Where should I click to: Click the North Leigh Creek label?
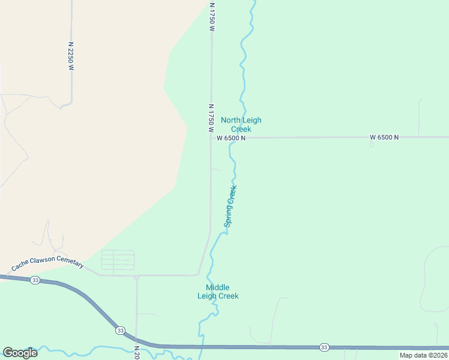[241, 124]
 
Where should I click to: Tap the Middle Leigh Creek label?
[218, 292]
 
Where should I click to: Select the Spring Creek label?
[231, 206]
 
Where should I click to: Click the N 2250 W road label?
[71, 56]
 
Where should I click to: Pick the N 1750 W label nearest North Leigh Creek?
[211, 118]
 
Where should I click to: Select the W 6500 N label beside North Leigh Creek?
[231, 138]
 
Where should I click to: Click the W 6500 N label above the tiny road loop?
[384, 137]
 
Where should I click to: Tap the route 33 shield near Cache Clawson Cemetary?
[35, 280]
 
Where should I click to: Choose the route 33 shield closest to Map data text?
[324, 347]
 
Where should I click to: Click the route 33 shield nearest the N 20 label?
[121, 331]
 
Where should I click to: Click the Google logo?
[20, 353]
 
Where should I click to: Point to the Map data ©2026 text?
[424, 355]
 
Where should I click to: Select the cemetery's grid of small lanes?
[118, 260]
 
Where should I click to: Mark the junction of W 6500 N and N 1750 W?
[211, 137]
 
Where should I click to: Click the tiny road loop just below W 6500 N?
[371, 144]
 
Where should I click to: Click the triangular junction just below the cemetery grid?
[137, 277]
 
